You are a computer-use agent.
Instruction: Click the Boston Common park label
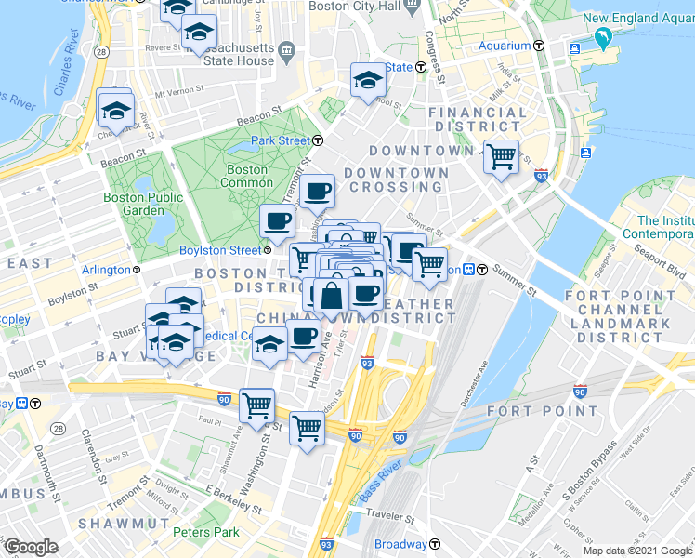coord(247,177)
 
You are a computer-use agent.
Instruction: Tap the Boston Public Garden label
coord(143,204)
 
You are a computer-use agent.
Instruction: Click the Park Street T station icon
coord(318,140)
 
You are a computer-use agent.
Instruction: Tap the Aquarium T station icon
coord(539,46)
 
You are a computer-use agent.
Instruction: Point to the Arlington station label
coord(106,270)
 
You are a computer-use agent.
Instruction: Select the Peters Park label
coord(205,533)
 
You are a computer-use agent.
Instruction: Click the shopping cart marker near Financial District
coord(501,155)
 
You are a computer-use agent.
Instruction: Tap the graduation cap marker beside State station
coord(368,80)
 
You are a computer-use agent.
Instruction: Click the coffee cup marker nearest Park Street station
coord(318,191)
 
